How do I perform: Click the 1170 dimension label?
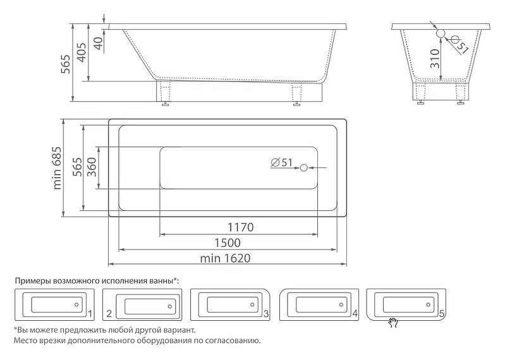241,227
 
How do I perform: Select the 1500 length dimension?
228,243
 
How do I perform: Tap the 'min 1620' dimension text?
225,258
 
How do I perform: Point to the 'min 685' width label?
57,168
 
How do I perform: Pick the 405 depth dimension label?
82,53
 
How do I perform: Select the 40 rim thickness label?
99,43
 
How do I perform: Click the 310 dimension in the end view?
434,59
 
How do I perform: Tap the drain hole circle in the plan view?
304,167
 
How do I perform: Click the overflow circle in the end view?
441,33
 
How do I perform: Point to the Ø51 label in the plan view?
281,162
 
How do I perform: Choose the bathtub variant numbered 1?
54,304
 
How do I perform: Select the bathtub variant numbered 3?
230,304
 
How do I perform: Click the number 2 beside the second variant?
109,314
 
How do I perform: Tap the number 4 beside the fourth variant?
355,314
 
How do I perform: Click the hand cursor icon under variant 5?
393,323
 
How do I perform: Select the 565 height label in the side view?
66,64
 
